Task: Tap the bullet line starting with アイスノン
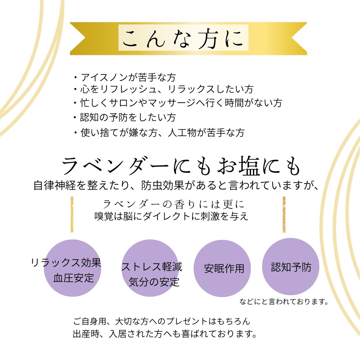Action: click(x=125, y=77)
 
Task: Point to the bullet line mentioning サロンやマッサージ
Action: click(x=178, y=103)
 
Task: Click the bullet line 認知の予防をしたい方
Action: click(x=125, y=117)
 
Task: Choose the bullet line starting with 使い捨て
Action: click(x=159, y=132)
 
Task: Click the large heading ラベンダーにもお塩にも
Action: click(x=181, y=166)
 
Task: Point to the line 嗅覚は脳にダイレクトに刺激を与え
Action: click(x=171, y=216)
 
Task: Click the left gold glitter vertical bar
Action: click(x=72, y=214)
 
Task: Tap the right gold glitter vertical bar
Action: click(x=284, y=214)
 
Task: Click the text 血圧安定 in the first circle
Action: click(x=73, y=278)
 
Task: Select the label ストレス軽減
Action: click(x=152, y=267)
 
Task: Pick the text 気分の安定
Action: click(x=154, y=282)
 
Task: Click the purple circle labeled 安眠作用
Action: click(x=222, y=269)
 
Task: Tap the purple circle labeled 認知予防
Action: click(x=291, y=267)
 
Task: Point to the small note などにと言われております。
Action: click(x=284, y=302)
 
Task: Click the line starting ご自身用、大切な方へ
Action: click(x=162, y=321)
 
